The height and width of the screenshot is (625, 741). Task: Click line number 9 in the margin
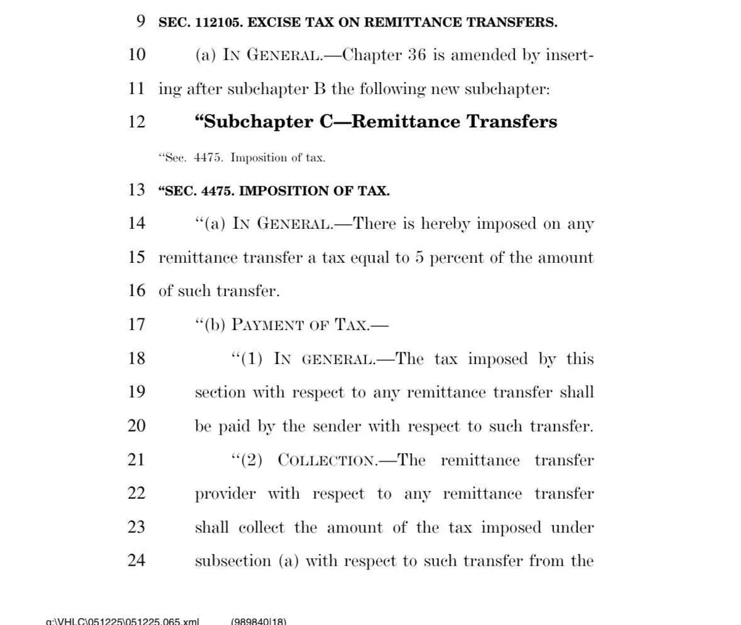[141, 22]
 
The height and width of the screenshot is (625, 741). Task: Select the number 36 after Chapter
[417, 55]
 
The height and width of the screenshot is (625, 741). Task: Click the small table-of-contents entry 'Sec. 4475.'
[194, 158]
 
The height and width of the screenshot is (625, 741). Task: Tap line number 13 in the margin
[136, 190]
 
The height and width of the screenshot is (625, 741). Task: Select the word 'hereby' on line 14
[445, 224]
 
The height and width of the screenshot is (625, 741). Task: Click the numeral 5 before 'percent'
[419, 257]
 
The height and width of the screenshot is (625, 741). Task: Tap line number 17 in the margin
[136, 324]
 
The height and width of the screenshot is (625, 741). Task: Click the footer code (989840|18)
[258, 621]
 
